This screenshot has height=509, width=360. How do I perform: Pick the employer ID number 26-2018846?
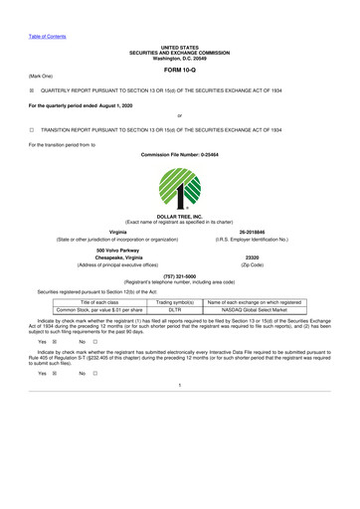272,232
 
